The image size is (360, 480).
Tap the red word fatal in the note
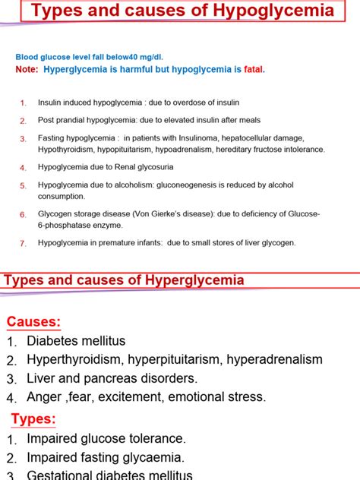pyautogui.click(x=254, y=69)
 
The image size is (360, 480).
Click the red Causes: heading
pyautogui.click(x=33, y=322)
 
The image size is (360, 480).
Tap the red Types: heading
pyautogui.click(x=33, y=419)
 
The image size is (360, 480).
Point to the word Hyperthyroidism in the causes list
pyautogui.click(x=75, y=359)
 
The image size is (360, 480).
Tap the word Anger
pyautogui.click(x=45, y=396)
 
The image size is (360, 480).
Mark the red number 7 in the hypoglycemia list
pyautogui.click(x=23, y=243)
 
